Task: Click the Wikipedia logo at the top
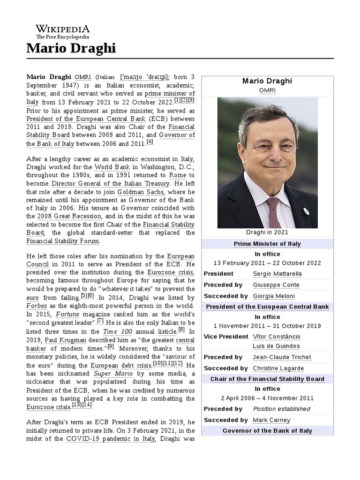click(x=63, y=31)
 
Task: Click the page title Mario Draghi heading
click(x=71, y=48)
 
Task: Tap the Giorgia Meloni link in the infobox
click(x=274, y=296)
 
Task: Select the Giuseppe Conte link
click(x=276, y=285)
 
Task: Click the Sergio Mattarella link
click(x=277, y=273)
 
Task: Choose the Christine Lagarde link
click(x=278, y=368)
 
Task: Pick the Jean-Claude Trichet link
click(x=282, y=357)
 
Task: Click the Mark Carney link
click(x=271, y=420)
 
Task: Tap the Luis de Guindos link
click(x=276, y=346)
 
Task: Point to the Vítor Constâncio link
click(x=277, y=337)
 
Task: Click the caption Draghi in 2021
click(x=267, y=232)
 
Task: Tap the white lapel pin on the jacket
click(x=306, y=211)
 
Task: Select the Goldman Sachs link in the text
click(x=141, y=192)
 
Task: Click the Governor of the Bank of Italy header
click(x=267, y=430)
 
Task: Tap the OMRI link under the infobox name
click(x=267, y=90)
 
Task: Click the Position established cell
click(x=281, y=409)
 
